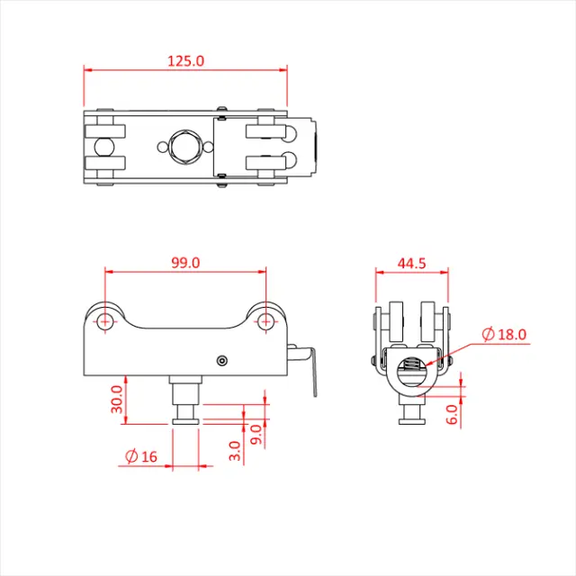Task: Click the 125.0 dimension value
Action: [x=185, y=61]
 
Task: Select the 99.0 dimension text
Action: [x=184, y=262]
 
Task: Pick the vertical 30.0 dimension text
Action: [x=115, y=400]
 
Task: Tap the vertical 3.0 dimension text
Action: [x=234, y=447]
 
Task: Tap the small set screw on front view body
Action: [x=222, y=361]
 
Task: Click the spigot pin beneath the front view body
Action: [x=185, y=400]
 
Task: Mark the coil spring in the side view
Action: [x=411, y=366]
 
